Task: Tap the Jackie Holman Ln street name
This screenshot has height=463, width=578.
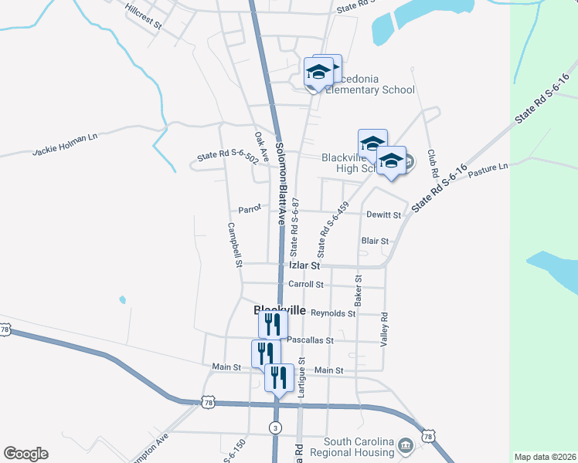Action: tap(66, 145)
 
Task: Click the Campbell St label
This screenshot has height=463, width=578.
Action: tap(235, 245)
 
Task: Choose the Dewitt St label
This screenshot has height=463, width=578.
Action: tap(384, 215)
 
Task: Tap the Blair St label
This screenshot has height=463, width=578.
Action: tap(375, 241)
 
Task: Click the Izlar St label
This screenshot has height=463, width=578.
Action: tap(304, 265)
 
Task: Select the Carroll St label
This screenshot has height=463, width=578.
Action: tap(304, 284)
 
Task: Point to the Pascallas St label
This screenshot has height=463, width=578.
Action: tap(310, 340)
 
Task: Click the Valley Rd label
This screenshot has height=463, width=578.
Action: tap(383, 328)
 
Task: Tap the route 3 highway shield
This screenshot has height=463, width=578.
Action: tap(275, 427)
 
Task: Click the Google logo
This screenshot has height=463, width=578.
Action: tap(25, 454)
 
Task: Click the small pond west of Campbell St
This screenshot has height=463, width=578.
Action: tap(122, 299)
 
